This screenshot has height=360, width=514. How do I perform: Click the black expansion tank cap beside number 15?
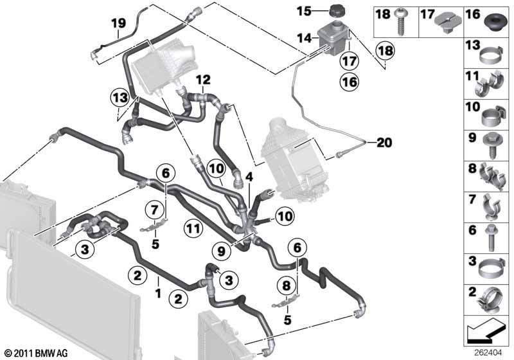(337, 12)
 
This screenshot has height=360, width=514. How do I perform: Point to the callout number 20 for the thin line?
(384, 142)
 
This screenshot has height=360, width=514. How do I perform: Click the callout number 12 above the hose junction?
(203, 80)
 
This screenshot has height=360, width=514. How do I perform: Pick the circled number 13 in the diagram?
(118, 97)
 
